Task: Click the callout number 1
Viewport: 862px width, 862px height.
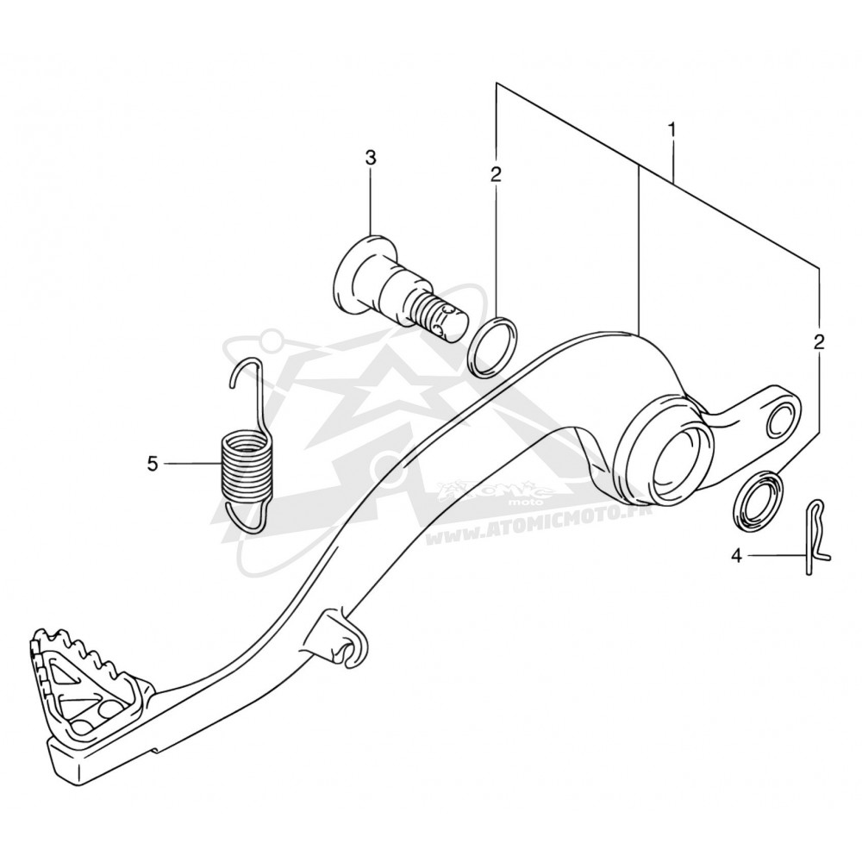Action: [671, 130]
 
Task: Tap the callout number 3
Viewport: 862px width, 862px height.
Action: [371, 159]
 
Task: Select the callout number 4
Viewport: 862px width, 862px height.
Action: [737, 556]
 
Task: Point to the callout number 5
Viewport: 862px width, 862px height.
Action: [153, 464]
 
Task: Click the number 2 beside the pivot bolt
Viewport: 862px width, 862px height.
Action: [496, 175]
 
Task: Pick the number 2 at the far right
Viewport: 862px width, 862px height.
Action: [819, 342]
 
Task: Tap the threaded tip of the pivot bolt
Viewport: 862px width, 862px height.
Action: [442, 321]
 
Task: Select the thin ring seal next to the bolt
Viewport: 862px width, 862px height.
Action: [492, 347]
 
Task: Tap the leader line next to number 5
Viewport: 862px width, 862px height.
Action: [191, 464]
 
